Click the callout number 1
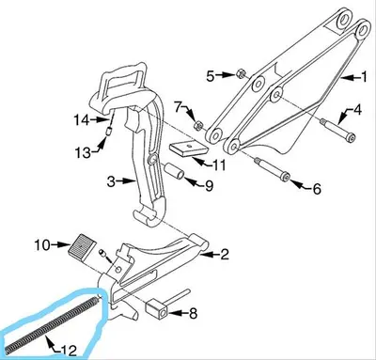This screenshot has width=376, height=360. coord(364,77)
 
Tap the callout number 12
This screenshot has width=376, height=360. coord(70,350)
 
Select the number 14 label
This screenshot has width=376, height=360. coord(83,120)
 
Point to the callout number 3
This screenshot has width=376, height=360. coord(111,181)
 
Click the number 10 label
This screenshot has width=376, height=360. coord(42,245)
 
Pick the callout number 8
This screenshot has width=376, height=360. coord(193,313)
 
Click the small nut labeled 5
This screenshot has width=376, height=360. coord(241,74)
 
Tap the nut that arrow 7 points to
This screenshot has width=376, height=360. coord(198,126)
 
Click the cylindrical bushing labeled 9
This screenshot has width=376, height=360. coord(175,171)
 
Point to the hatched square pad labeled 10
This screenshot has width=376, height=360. coord(80,247)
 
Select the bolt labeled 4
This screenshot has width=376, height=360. coord(337,130)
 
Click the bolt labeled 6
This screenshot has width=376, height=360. coord(271,169)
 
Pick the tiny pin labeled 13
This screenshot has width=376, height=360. coord(107,132)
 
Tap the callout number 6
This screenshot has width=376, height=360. coord(317,189)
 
